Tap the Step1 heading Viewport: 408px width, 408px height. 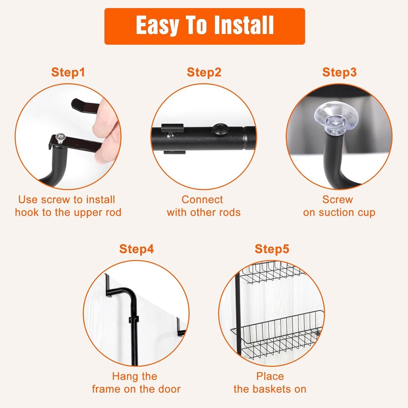coord(68,72)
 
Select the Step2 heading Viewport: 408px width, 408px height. coord(204,72)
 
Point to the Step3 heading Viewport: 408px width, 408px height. coord(339,72)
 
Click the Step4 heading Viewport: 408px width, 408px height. coord(137,249)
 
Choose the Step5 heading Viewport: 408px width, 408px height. coord(272,249)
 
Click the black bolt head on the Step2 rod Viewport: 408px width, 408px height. coord(220,129)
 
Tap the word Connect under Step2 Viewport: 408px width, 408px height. coord(202,200)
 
